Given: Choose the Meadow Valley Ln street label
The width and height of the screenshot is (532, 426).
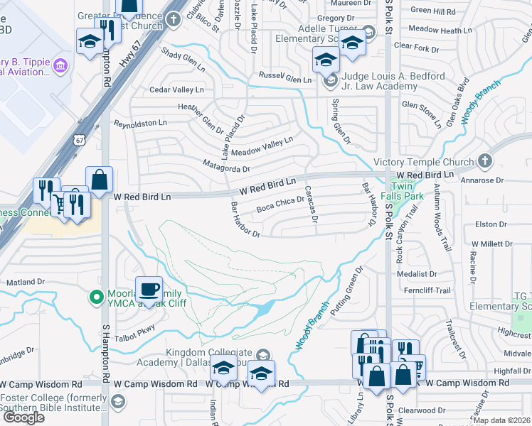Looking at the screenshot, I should pos(262,147).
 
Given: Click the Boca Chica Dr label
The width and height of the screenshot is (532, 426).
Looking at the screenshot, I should pos(280,204).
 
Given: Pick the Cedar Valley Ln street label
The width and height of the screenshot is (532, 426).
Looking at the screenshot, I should pos(176,90).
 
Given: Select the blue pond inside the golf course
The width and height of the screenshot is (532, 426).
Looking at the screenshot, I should pos(262,307).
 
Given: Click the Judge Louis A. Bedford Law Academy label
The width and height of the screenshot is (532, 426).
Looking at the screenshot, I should pos(379,81).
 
